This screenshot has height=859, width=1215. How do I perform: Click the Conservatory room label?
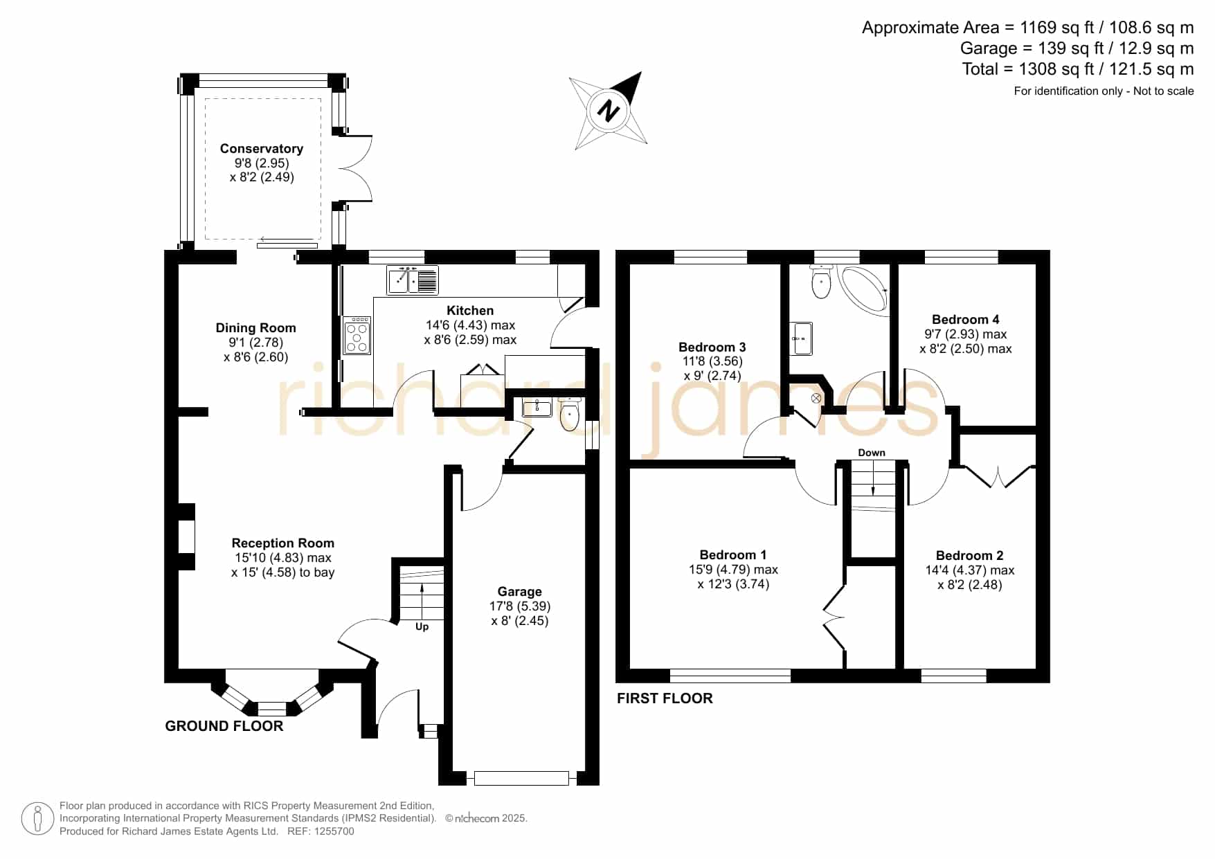pos(262,149)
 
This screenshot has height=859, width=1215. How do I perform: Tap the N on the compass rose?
pos(609,110)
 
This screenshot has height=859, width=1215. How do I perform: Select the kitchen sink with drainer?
pos(413,280)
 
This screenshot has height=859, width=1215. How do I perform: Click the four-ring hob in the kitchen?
pos(357,335)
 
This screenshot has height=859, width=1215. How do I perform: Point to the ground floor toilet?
pos(570,414)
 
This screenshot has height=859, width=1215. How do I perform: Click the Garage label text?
pos(520,592)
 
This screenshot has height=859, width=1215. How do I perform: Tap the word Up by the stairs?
pos(422,627)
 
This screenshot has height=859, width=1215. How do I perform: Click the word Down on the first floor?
pos(872,453)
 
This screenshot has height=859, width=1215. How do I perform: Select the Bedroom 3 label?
pos(712,347)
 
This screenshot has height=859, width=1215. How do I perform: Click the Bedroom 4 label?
pos(966,319)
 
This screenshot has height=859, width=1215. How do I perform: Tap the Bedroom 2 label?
pos(970,556)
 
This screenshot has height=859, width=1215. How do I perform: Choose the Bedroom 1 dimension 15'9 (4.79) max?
pos(734,570)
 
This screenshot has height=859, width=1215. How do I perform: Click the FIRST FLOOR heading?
pos(665,698)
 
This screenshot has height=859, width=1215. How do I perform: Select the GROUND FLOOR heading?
pos(224,726)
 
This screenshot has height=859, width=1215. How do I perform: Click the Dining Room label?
pos(256,328)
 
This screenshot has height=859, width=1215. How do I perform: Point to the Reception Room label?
pos(283,543)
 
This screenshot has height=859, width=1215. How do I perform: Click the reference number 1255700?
pos(335,831)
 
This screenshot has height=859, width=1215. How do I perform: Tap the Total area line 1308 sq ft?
pos(1078,69)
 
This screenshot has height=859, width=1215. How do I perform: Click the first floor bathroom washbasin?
pos(802,338)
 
